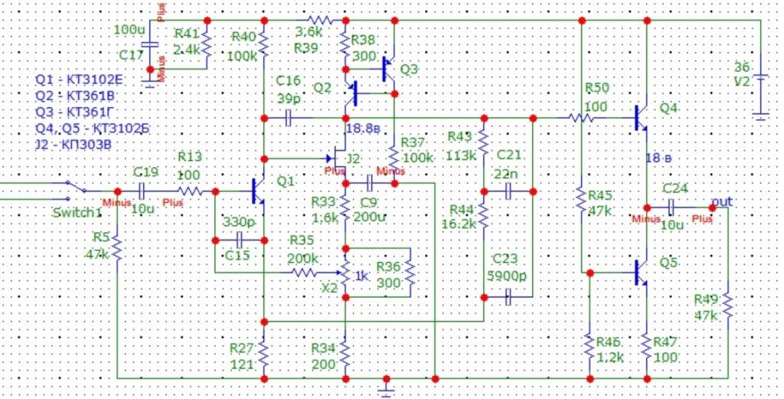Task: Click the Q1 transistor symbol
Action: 257,191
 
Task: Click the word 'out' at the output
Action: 721,201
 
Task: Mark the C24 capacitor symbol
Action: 671,207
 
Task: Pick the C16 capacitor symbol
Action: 289,119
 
